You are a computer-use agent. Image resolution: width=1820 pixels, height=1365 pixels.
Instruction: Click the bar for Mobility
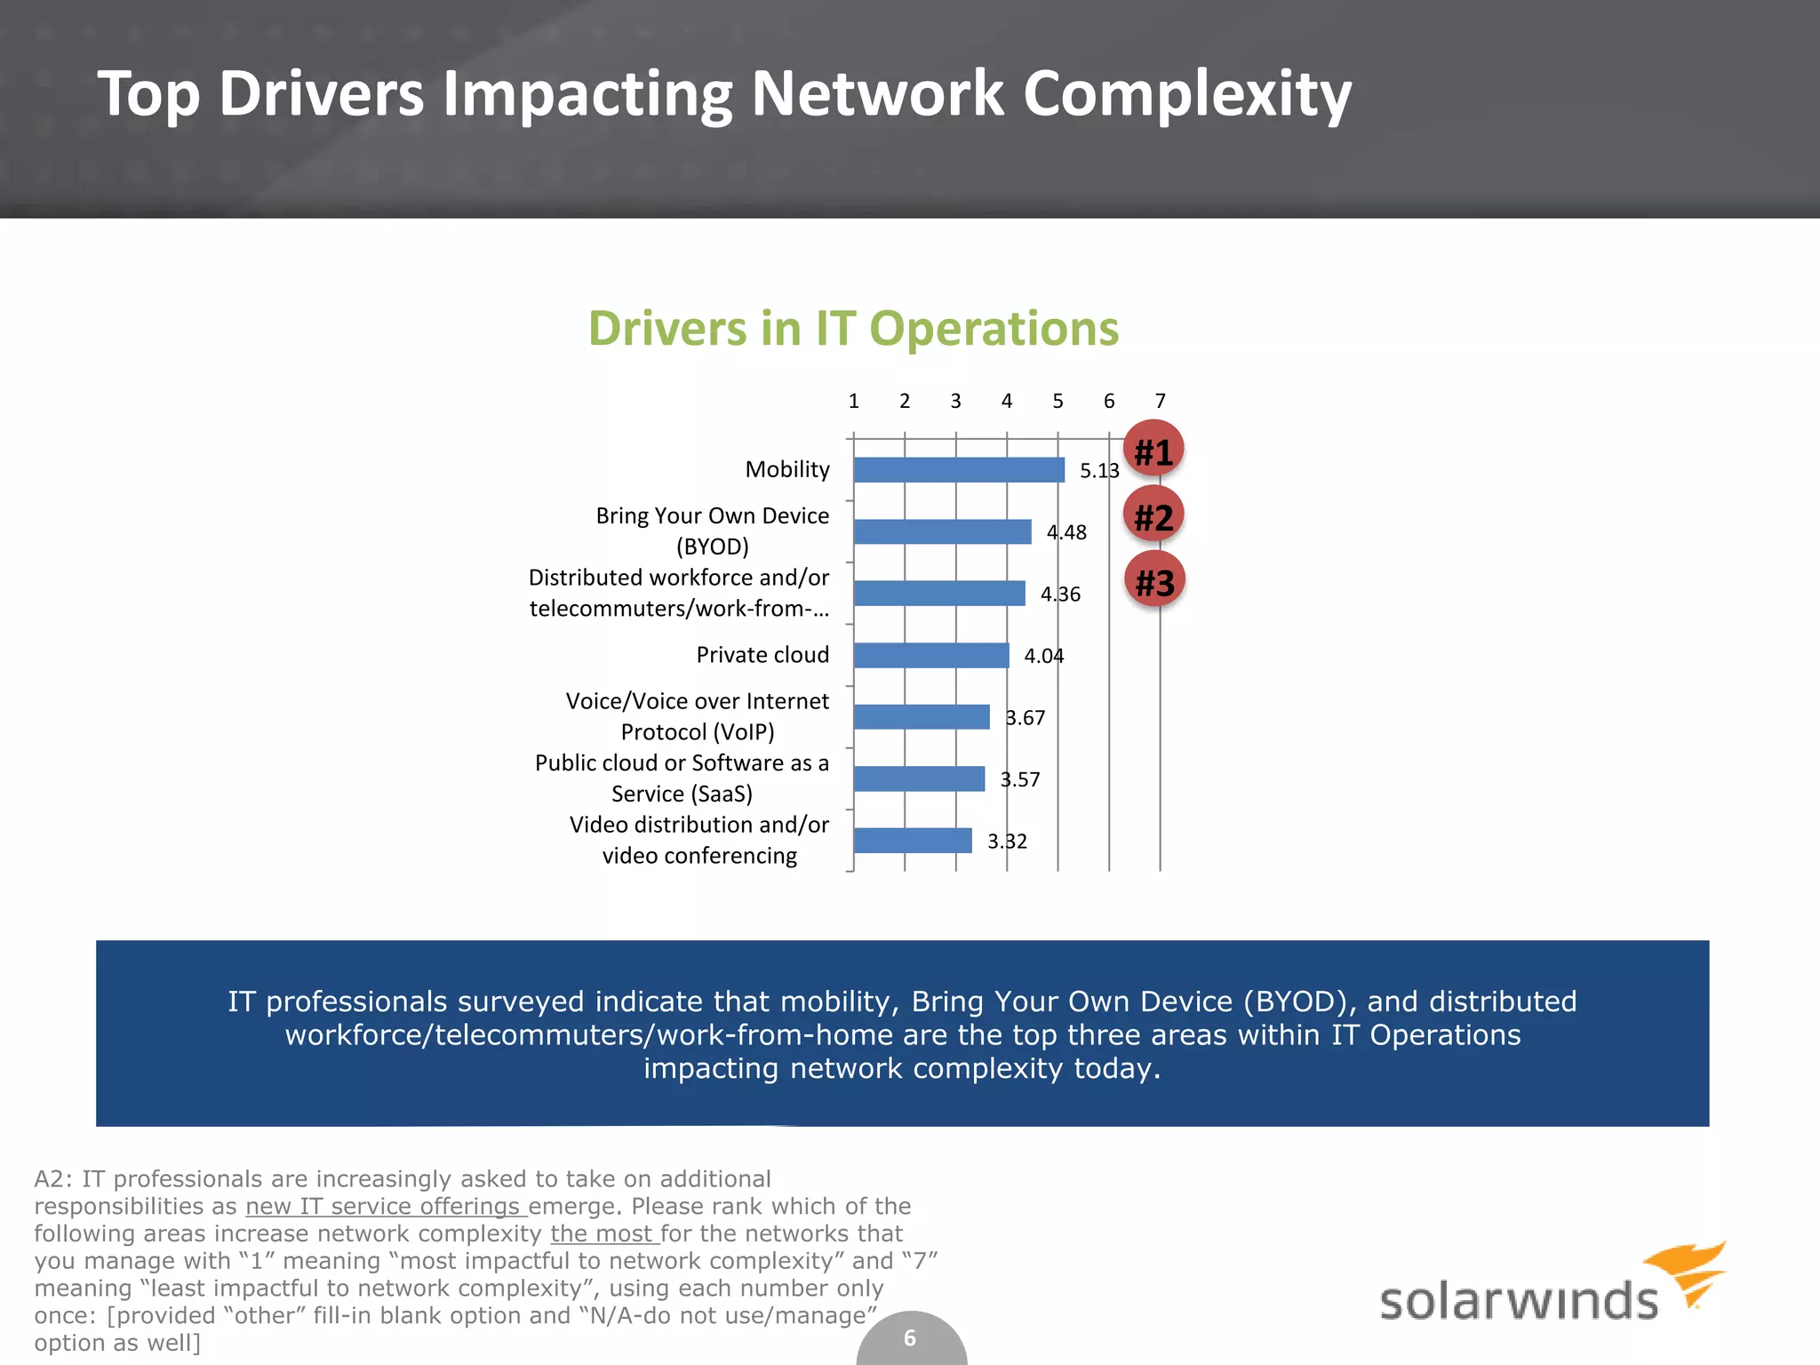pos(958,470)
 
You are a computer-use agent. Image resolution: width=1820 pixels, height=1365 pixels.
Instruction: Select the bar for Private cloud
pos(930,656)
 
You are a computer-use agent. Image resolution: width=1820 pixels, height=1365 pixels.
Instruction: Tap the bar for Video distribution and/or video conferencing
pos(912,841)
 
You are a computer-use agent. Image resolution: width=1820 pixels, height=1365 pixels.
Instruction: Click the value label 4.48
pos(1066,532)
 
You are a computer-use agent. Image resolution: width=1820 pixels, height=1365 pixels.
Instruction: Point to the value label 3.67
pos(1025,718)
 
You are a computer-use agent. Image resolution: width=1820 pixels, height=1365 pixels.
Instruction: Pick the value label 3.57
pos(1019,779)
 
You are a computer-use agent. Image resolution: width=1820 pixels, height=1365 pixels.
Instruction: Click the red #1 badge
pos(1153,450)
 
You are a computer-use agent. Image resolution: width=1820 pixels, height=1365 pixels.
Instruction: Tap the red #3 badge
pos(1154,581)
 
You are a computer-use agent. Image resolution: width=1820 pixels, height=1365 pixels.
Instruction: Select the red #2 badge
pos(1153,515)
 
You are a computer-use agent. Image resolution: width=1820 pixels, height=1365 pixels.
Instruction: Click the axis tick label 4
pos(1007,401)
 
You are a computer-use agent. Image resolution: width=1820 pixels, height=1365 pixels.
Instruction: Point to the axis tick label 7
pos(1160,401)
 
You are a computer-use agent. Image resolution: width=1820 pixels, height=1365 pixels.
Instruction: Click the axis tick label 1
pos(853,401)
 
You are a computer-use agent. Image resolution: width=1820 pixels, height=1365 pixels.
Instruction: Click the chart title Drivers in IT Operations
pos(853,329)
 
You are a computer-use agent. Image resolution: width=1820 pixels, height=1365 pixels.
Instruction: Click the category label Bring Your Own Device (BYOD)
pos(712,531)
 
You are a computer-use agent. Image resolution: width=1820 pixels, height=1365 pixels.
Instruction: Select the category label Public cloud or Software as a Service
pos(682,778)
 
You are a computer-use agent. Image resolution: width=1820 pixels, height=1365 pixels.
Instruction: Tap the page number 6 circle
pos(910,1339)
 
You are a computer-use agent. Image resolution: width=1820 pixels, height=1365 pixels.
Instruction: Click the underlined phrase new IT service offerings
pos(387,1206)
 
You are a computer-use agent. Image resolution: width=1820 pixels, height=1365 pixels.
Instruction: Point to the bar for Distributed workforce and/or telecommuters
pos(938,594)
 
